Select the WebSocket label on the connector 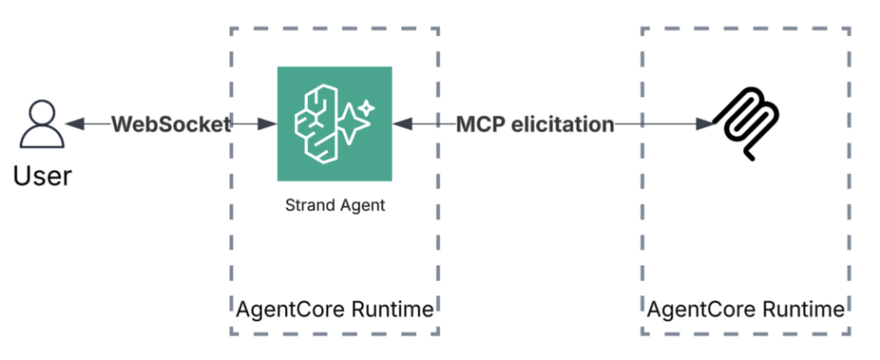point(171,124)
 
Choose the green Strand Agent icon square point(334,125)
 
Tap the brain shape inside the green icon point(315,125)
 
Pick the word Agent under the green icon point(362,205)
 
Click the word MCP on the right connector point(479,124)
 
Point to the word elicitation point(559,124)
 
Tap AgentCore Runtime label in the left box point(334,310)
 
